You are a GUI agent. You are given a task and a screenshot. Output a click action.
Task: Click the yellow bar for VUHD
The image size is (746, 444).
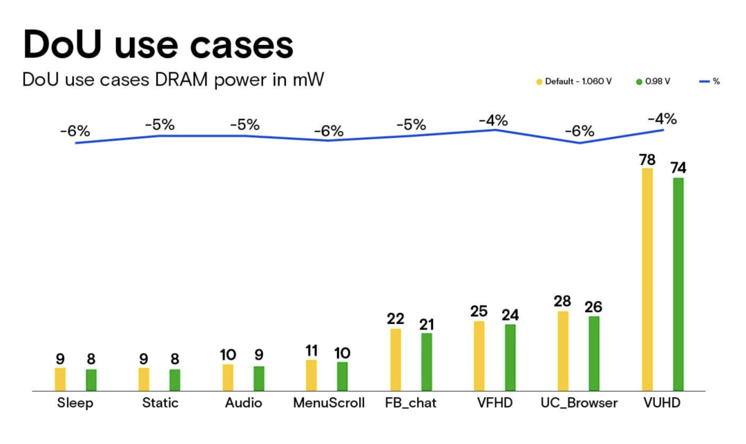pyautogui.click(x=647, y=280)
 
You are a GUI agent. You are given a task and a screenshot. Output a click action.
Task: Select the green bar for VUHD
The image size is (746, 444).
pyautogui.click(x=678, y=284)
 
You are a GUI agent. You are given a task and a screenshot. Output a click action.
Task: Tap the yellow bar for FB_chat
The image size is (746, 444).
pyautogui.click(x=396, y=360)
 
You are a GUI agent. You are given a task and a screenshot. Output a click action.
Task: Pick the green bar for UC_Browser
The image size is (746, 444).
pyautogui.click(x=594, y=354)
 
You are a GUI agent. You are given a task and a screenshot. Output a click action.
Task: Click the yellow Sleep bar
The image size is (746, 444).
pyautogui.click(x=60, y=379)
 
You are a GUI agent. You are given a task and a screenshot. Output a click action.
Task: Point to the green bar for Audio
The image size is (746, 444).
pyautogui.click(x=259, y=378)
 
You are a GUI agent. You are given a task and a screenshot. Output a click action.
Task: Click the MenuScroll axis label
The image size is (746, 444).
pyautogui.click(x=329, y=403)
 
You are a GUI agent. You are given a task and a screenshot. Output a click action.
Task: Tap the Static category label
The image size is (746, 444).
pyautogui.click(x=160, y=403)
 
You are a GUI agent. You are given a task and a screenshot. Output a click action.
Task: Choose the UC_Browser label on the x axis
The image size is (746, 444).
pyautogui.click(x=580, y=403)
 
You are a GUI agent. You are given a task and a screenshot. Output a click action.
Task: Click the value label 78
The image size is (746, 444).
pyautogui.click(x=647, y=160)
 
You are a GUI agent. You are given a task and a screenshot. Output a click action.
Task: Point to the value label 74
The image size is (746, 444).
pyautogui.click(x=678, y=168)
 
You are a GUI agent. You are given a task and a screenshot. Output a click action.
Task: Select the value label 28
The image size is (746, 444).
pyautogui.click(x=563, y=302)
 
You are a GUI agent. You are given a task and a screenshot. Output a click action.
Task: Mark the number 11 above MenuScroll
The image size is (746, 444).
pyautogui.click(x=312, y=351)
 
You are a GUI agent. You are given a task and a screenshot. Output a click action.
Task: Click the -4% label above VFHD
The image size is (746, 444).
pyautogui.click(x=493, y=120)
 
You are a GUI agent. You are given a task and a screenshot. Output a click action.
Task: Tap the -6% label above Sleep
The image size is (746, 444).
pyautogui.click(x=75, y=131)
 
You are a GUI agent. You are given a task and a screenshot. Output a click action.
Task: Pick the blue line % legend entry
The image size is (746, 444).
pyautogui.click(x=709, y=81)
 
